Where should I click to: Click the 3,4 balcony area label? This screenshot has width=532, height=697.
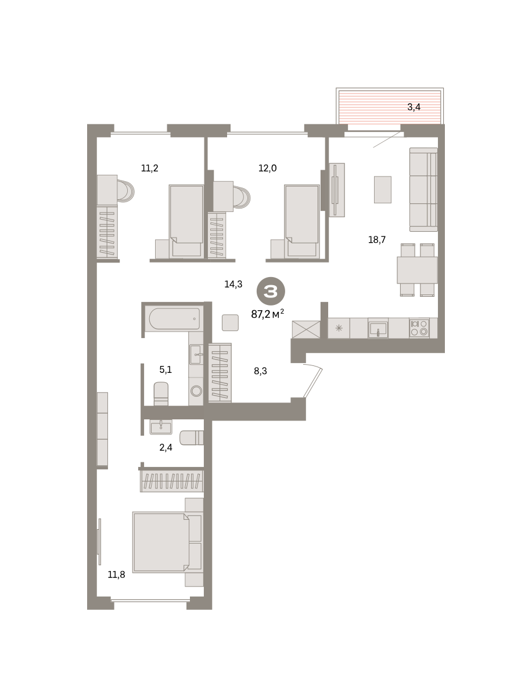414,107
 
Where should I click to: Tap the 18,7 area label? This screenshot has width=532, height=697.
377,240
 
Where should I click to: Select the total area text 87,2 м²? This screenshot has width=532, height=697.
267,314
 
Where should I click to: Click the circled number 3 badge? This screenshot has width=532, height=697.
271,291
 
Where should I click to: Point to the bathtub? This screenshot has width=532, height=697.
175,318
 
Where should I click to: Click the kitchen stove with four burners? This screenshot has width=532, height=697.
419,328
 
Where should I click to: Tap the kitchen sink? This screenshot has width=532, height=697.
378,329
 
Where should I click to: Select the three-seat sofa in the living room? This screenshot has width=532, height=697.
423,189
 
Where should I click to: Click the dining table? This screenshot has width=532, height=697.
417,270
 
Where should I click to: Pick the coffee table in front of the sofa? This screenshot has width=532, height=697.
383,189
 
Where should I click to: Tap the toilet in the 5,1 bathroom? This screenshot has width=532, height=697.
161,394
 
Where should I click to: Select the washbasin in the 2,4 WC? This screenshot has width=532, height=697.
161,427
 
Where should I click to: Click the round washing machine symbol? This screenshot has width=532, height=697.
196,391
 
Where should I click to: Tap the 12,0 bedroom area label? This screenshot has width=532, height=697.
267,168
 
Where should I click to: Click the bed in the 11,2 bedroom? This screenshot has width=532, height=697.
186,221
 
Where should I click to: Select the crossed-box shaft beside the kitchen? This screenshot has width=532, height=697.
306,329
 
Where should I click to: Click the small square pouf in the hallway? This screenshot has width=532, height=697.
230,322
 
